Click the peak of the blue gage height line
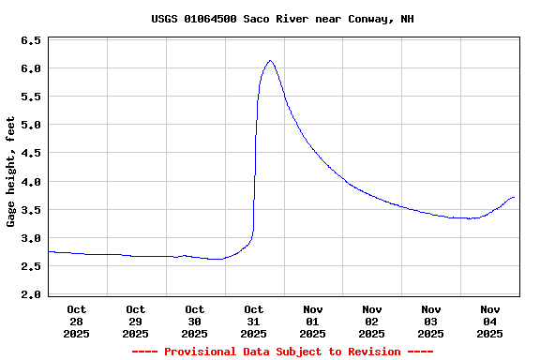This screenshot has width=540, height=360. pos(270,61)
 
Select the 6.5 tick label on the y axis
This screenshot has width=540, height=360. pos(31,41)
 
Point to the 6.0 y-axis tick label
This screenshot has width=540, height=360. pos(31,69)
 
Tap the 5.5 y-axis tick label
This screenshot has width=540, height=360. pos(31,97)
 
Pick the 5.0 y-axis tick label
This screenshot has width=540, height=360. pos(31,126)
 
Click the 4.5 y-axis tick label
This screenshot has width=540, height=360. pos(31,154)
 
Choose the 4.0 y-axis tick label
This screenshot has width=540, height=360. pos(31,182)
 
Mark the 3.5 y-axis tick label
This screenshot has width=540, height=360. pos(31,210)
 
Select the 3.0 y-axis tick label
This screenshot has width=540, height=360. pos(31,238)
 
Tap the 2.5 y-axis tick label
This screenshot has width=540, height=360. pos(31,266)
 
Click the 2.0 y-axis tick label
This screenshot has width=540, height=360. pos(31,294)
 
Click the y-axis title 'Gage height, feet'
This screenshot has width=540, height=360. pos(11,172)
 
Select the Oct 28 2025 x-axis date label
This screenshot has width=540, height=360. pos(77,321)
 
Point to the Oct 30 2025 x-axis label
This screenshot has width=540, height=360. pos(195,321)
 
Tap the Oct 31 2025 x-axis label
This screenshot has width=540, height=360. pos(254,321)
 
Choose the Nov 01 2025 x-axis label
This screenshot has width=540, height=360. pos(313,321)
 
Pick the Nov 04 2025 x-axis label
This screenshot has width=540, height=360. pos(490,321)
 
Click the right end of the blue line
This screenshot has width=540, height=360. pos(515,198)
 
